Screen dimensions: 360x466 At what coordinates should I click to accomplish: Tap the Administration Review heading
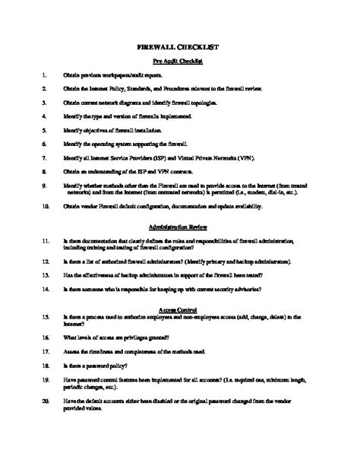click(179, 227)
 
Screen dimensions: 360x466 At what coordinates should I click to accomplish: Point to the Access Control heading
click(179, 309)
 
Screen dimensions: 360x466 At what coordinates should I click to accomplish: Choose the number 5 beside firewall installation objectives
click(45, 130)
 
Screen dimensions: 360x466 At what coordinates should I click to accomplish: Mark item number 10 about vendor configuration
click(46, 205)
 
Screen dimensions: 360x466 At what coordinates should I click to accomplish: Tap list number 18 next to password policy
click(46, 365)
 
